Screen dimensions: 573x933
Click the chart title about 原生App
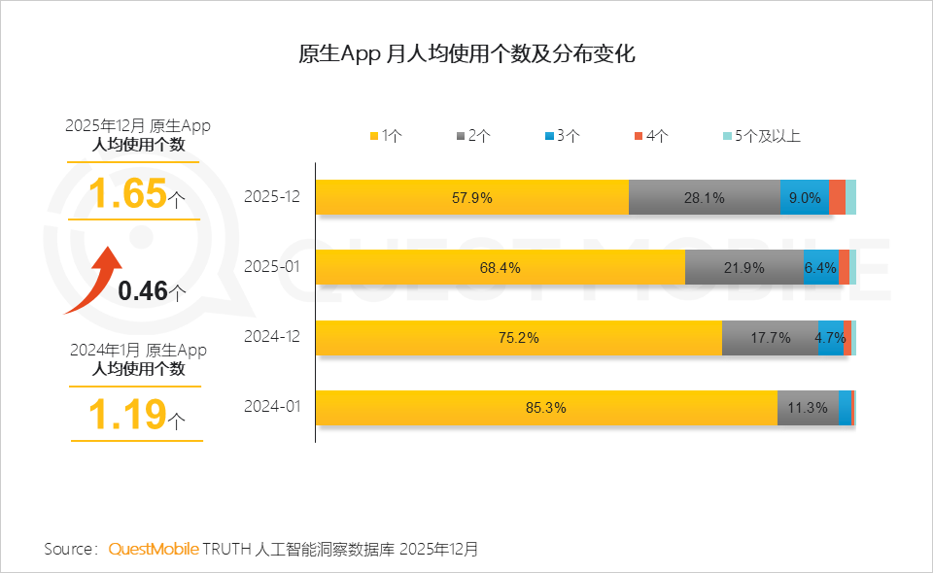click(466, 53)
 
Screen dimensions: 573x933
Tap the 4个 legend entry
click(651, 136)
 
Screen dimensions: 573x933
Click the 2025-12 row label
click(272, 197)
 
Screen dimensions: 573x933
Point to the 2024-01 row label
click(272, 407)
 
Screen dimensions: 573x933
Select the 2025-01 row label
click(272, 267)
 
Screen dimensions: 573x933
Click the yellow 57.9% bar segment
click(472, 197)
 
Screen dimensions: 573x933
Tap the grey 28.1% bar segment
click(705, 197)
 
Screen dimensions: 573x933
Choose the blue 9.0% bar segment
click(805, 197)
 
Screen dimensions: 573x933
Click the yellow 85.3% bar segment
click(546, 407)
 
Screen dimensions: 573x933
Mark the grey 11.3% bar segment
click(808, 407)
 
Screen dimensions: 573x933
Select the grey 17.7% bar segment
click(770, 337)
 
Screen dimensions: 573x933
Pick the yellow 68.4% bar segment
click(500, 267)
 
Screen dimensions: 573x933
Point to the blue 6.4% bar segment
click(821, 267)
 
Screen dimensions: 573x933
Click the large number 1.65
click(127, 193)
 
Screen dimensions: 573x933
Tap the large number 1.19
click(127, 415)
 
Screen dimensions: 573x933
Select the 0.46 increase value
click(144, 289)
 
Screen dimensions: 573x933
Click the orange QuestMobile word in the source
click(154, 549)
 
